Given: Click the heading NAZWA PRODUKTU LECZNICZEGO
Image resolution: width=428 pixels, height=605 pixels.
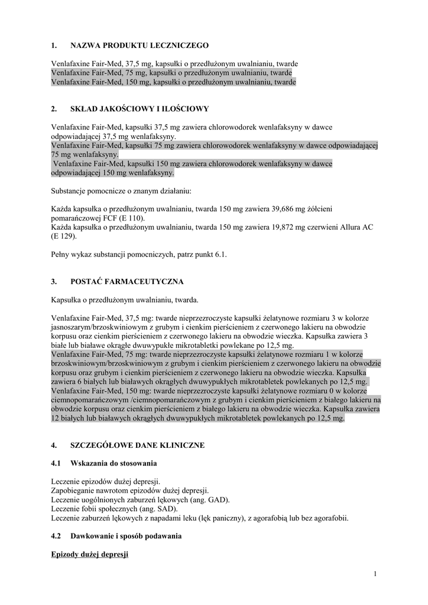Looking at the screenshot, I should [x=139, y=45].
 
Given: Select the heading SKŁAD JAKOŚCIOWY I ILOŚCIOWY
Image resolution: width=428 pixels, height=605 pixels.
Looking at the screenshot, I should [x=140, y=109].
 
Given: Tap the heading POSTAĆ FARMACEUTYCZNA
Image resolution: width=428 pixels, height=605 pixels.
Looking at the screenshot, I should [x=127, y=281].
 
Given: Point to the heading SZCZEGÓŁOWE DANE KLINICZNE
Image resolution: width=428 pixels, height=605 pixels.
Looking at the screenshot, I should [x=137, y=444].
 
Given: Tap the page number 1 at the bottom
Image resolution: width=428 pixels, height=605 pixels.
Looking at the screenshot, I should [x=375, y=573].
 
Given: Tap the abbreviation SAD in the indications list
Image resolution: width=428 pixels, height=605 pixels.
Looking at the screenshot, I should [x=166, y=509].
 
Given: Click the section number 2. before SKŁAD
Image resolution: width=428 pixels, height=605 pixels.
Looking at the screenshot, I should [x=54, y=109].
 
